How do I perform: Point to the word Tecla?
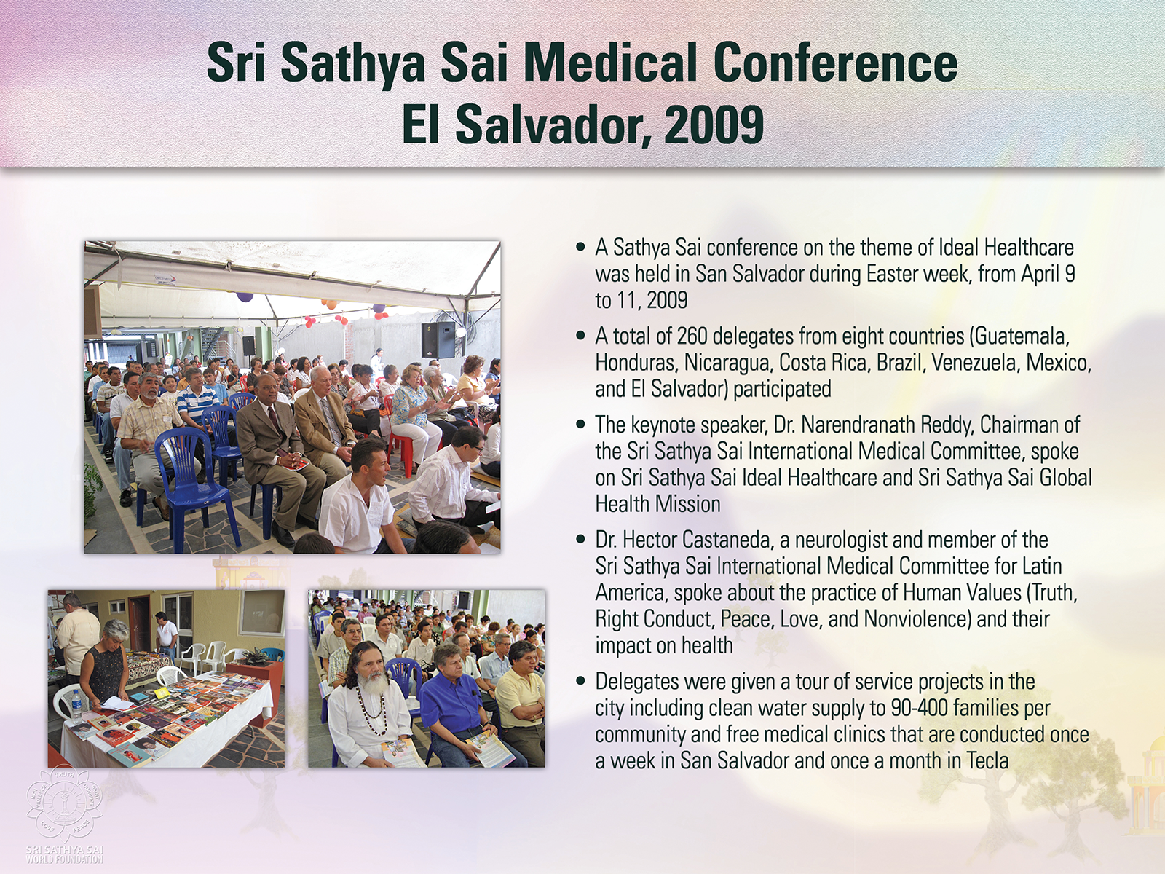[987, 761]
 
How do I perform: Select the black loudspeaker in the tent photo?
[438, 339]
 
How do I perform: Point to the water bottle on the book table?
[76, 706]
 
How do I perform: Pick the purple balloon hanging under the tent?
[244, 296]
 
